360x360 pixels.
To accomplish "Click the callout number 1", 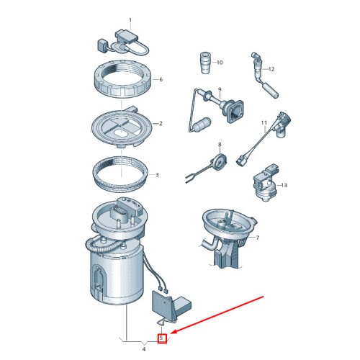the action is (130, 20).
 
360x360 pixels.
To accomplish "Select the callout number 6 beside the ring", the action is (161, 79).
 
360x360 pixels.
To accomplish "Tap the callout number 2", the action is (161, 123).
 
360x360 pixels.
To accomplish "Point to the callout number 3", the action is (157, 175).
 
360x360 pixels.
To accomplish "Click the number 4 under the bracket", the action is (144, 349).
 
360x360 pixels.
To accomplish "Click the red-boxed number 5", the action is (161, 338).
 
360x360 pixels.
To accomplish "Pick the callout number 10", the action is (220, 63).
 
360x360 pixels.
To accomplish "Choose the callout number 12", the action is (271, 69).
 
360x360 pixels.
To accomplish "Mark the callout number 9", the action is (220, 89).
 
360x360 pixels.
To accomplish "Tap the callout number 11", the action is (264, 123).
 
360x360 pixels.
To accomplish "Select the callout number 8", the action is (220, 145).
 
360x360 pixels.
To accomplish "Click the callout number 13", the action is (284, 185).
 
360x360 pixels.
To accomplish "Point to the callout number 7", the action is (258, 238).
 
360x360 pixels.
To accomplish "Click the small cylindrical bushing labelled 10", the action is (206, 63).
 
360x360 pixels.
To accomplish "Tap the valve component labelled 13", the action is (265, 183).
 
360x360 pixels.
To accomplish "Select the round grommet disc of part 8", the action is (218, 162).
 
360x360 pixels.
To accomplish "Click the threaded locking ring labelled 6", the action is (122, 78).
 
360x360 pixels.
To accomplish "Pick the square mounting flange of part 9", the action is (235, 112).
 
